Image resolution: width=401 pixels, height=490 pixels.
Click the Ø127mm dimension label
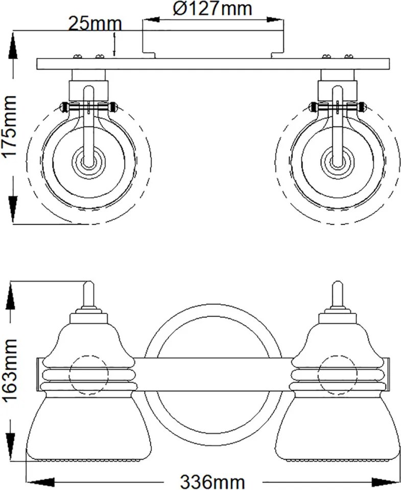click(x=213, y=9)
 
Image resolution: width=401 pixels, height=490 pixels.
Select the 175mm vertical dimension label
click(x=9, y=126)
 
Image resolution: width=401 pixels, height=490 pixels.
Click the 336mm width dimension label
click(x=213, y=482)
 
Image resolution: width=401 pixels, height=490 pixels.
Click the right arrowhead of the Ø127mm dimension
click(x=275, y=20)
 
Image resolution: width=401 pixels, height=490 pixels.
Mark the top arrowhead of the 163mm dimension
click(x=10, y=296)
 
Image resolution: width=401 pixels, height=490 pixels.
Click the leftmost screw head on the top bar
click(x=77, y=57)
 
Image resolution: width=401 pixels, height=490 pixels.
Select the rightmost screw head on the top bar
click(x=349, y=57)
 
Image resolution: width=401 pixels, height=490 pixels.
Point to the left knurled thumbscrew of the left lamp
click(x=64, y=107)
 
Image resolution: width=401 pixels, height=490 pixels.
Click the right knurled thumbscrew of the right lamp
click(x=362, y=107)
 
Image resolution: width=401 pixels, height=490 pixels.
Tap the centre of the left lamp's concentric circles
click(x=89, y=162)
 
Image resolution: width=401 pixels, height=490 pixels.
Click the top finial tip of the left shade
click(x=89, y=282)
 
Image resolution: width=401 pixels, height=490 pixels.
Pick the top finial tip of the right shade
click(x=338, y=282)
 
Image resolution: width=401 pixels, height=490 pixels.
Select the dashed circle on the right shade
click(x=338, y=355)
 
